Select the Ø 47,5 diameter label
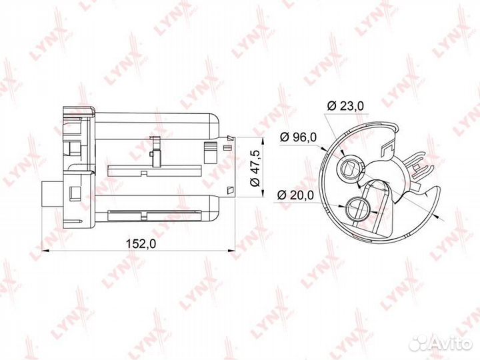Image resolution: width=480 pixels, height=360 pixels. coord(255,168)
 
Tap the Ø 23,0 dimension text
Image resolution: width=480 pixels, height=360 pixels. coord(345,106)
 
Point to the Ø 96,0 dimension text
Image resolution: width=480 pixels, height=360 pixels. coord(298,137)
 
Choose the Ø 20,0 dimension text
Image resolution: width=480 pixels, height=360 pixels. coord(295,195)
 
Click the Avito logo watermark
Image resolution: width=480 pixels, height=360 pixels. coord(441,343)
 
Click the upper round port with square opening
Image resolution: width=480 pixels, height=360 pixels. coord(350,169)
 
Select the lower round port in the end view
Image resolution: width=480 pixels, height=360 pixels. coord(357,209)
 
